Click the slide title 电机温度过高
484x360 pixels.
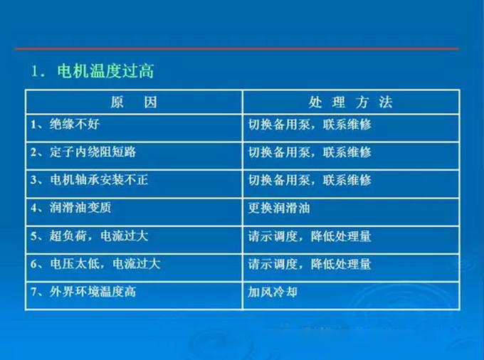click(x=105, y=71)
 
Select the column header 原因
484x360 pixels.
click(x=134, y=102)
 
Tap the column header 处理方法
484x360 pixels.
click(x=351, y=102)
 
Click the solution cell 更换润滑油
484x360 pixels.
click(x=279, y=208)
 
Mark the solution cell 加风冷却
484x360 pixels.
click(x=273, y=292)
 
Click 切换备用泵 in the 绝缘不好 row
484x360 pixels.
click(x=279, y=125)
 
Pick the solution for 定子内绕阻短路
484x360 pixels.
click(x=310, y=152)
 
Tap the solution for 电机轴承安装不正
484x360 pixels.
click(x=310, y=180)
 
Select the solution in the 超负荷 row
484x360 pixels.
click(x=310, y=236)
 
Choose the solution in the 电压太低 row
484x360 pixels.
click(x=310, y=265)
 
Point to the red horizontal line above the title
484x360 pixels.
click(x=237, y=49)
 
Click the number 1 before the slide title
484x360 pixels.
click(x=34, y=72)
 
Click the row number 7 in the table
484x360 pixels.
click(x=33, y=292)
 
